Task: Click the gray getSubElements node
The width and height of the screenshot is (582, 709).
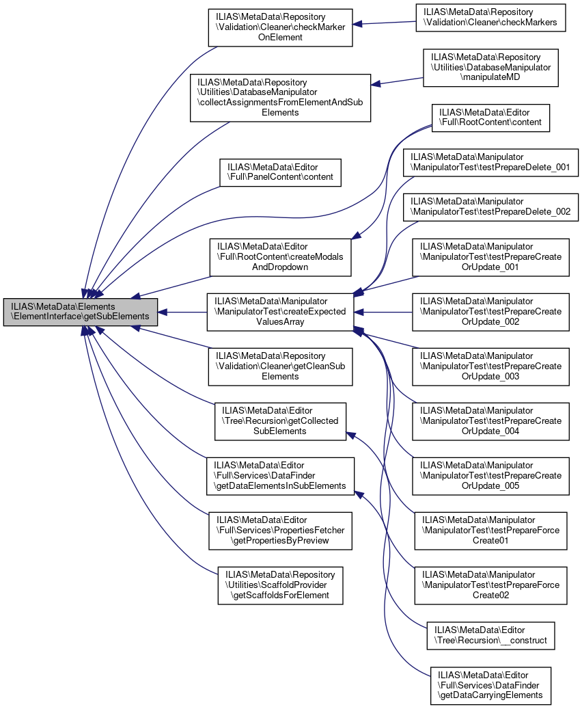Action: (x=81, y=312)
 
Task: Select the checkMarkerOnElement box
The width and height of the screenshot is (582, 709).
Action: (x=280, y=27)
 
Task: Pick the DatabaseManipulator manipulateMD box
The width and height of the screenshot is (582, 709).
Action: (x=491, y=67)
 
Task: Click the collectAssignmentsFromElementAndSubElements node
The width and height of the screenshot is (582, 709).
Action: (x=280, y=98)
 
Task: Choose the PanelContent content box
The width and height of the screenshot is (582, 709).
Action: (x=280, y=172)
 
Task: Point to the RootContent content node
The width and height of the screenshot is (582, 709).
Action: (x=490, y=117)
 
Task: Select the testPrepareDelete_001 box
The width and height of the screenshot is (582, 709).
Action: (x=491, y=163)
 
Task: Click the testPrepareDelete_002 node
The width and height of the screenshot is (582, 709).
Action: (x=491, y=207)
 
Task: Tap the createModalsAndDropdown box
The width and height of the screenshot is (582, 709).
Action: (x=280, y=257)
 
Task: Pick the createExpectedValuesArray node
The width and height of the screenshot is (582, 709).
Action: (x=280, y=312)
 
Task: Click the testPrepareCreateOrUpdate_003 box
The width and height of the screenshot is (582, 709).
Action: (x=491, y=366)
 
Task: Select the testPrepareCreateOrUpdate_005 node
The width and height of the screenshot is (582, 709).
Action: (x=491, y=476)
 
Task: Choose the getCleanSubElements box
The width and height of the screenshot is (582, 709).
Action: (x=280, y=366)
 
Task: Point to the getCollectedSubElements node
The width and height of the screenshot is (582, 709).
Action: (x=280, y=421)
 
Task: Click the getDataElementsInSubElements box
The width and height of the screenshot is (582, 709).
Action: (x=280, y=476)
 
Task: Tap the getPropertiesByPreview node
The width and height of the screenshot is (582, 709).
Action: (x=280, y=531)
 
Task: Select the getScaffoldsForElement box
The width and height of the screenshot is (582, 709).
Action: (x=280, y=585)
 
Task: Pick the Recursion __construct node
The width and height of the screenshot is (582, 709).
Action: (x=490, y=635)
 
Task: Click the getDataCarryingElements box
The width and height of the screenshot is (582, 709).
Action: (x=490, y=686)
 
